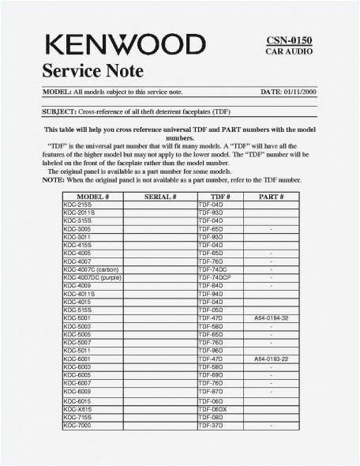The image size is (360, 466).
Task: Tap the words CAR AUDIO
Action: (x=290, y=51)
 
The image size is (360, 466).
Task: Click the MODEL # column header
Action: (x=92, y=196)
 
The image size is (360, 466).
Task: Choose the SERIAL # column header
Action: (x=159, y=196)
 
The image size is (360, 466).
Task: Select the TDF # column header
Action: (x=219, y=196)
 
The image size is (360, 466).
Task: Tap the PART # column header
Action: (x=271, y=196)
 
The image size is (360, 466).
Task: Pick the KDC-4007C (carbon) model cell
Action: (x=90, y=269)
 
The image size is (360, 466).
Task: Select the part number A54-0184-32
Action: (x=271, y=318)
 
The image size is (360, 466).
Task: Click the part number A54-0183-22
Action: (x=271, y=359)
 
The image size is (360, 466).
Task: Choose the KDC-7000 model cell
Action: (x=77, y=425)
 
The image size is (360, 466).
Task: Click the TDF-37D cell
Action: (x=211, y=425)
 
